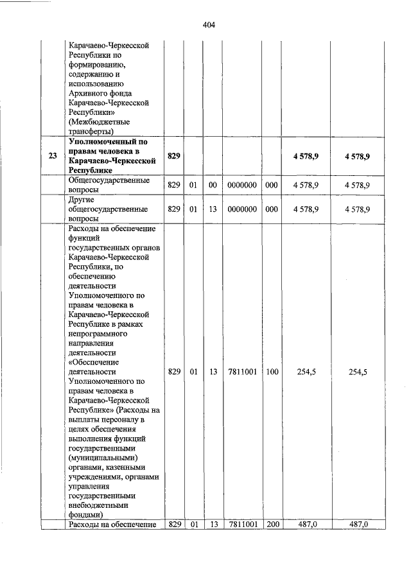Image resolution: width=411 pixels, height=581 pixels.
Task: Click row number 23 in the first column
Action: click(x=52, y=156)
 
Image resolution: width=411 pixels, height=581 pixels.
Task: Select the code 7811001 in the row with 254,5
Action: click(x=243, y=372)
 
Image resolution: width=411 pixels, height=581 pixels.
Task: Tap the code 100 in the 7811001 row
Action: click(x=272, y=372)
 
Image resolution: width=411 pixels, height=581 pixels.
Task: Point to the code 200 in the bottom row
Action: click(x=272, y=525)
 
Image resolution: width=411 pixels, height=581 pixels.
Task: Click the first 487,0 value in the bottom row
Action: click(x=306, y=525)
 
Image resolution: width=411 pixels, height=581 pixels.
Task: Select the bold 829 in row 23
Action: click(x=173, y=156)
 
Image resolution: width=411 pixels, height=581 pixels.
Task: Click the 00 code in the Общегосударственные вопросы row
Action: click(x=213, y=185)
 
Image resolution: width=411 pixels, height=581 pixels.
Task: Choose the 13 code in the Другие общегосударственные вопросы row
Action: click(x=213, y=209)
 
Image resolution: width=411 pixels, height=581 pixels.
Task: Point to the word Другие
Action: click(x=81, y=200)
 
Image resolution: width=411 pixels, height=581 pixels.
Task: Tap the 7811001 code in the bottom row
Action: click(x=243, y=525)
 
